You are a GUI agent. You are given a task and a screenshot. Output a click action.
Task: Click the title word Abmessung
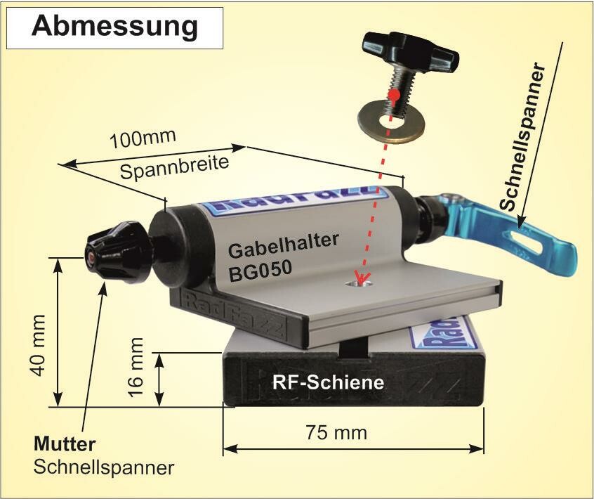115,26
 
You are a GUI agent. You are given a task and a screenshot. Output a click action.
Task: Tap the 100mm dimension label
143,138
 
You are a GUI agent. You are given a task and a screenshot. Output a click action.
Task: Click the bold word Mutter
65,445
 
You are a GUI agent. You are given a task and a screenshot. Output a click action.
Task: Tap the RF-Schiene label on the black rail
327,383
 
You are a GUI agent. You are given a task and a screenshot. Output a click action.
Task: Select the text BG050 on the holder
259,271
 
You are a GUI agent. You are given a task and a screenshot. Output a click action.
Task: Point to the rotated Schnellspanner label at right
522,137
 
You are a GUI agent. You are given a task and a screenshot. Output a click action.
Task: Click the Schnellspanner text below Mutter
103,467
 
